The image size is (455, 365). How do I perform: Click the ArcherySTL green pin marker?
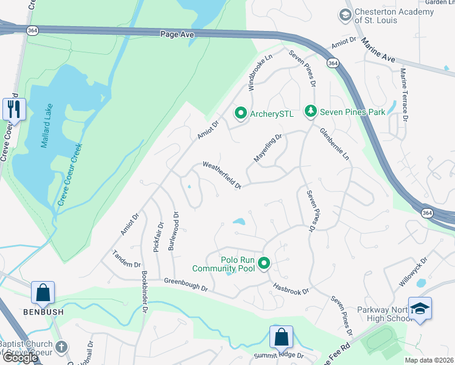(x=241, y=113)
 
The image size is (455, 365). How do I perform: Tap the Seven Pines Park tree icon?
(x=311, y=112)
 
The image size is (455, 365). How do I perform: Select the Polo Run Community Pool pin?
(x=264, y=263)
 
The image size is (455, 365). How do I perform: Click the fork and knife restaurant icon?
(x=13, y=109)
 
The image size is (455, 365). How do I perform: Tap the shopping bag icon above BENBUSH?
(x=44, y=293)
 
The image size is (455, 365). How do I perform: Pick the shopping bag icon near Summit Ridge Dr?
(x=281, y=337)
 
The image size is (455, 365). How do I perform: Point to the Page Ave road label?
(x=177, y=35)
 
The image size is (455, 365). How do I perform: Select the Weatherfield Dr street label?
(x=222, y=175)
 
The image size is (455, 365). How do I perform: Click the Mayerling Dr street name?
(x=268, y=149)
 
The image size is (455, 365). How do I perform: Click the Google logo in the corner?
(x=20, y=358)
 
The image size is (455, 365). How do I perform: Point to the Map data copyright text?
(x=429, y=360)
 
